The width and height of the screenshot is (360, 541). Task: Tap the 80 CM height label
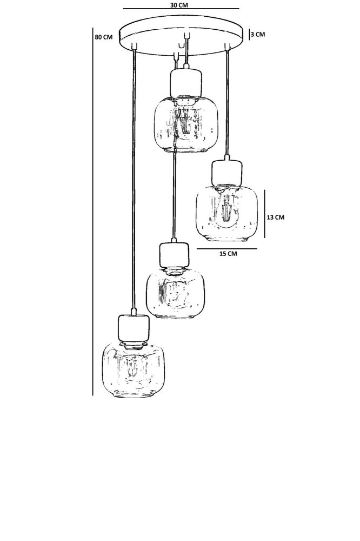(103, 37)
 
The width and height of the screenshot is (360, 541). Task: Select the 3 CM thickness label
(258, 35)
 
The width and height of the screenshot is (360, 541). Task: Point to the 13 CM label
(276, 217)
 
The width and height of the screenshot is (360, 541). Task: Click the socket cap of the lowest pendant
(133, 327)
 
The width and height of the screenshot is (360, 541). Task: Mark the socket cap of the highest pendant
(185, 82)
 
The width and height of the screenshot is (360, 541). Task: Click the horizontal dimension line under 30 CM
(181, 9)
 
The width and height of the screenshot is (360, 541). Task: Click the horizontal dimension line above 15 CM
(226, 248)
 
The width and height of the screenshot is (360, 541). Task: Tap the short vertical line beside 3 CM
(249, 35)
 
